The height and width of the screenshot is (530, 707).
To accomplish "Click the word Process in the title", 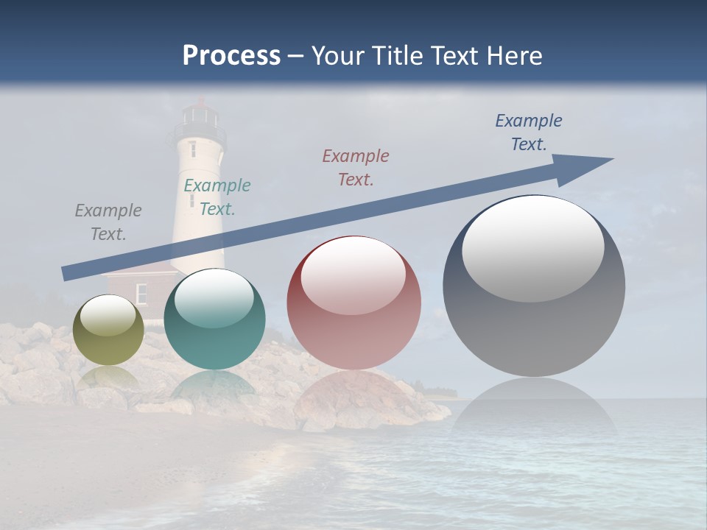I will tap(231, 56).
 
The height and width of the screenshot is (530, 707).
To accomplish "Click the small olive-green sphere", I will tap(109, 331).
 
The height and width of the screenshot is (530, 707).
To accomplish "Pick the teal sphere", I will tap(214, 320).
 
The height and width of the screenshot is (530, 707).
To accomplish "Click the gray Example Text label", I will tap(108, 222).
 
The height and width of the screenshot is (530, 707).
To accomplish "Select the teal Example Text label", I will tap(217, 197).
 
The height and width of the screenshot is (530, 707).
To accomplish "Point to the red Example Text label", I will tap(356, 167).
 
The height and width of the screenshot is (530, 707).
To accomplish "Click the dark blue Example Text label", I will tap(528, 132).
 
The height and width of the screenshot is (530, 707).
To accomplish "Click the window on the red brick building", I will tap(141, 293).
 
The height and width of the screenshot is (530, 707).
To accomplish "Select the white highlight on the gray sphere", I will tap(532, 247).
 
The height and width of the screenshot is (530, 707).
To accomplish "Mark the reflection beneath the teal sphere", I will tap(214, 386).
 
